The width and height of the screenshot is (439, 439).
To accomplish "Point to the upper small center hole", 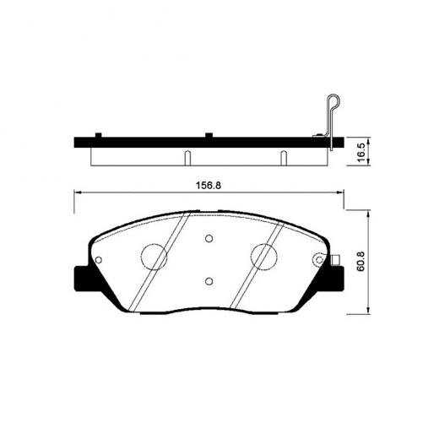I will click(208, 237).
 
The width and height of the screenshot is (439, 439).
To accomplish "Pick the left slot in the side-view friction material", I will click(185, 157).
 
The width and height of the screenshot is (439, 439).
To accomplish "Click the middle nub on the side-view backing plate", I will click(208, 135).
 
